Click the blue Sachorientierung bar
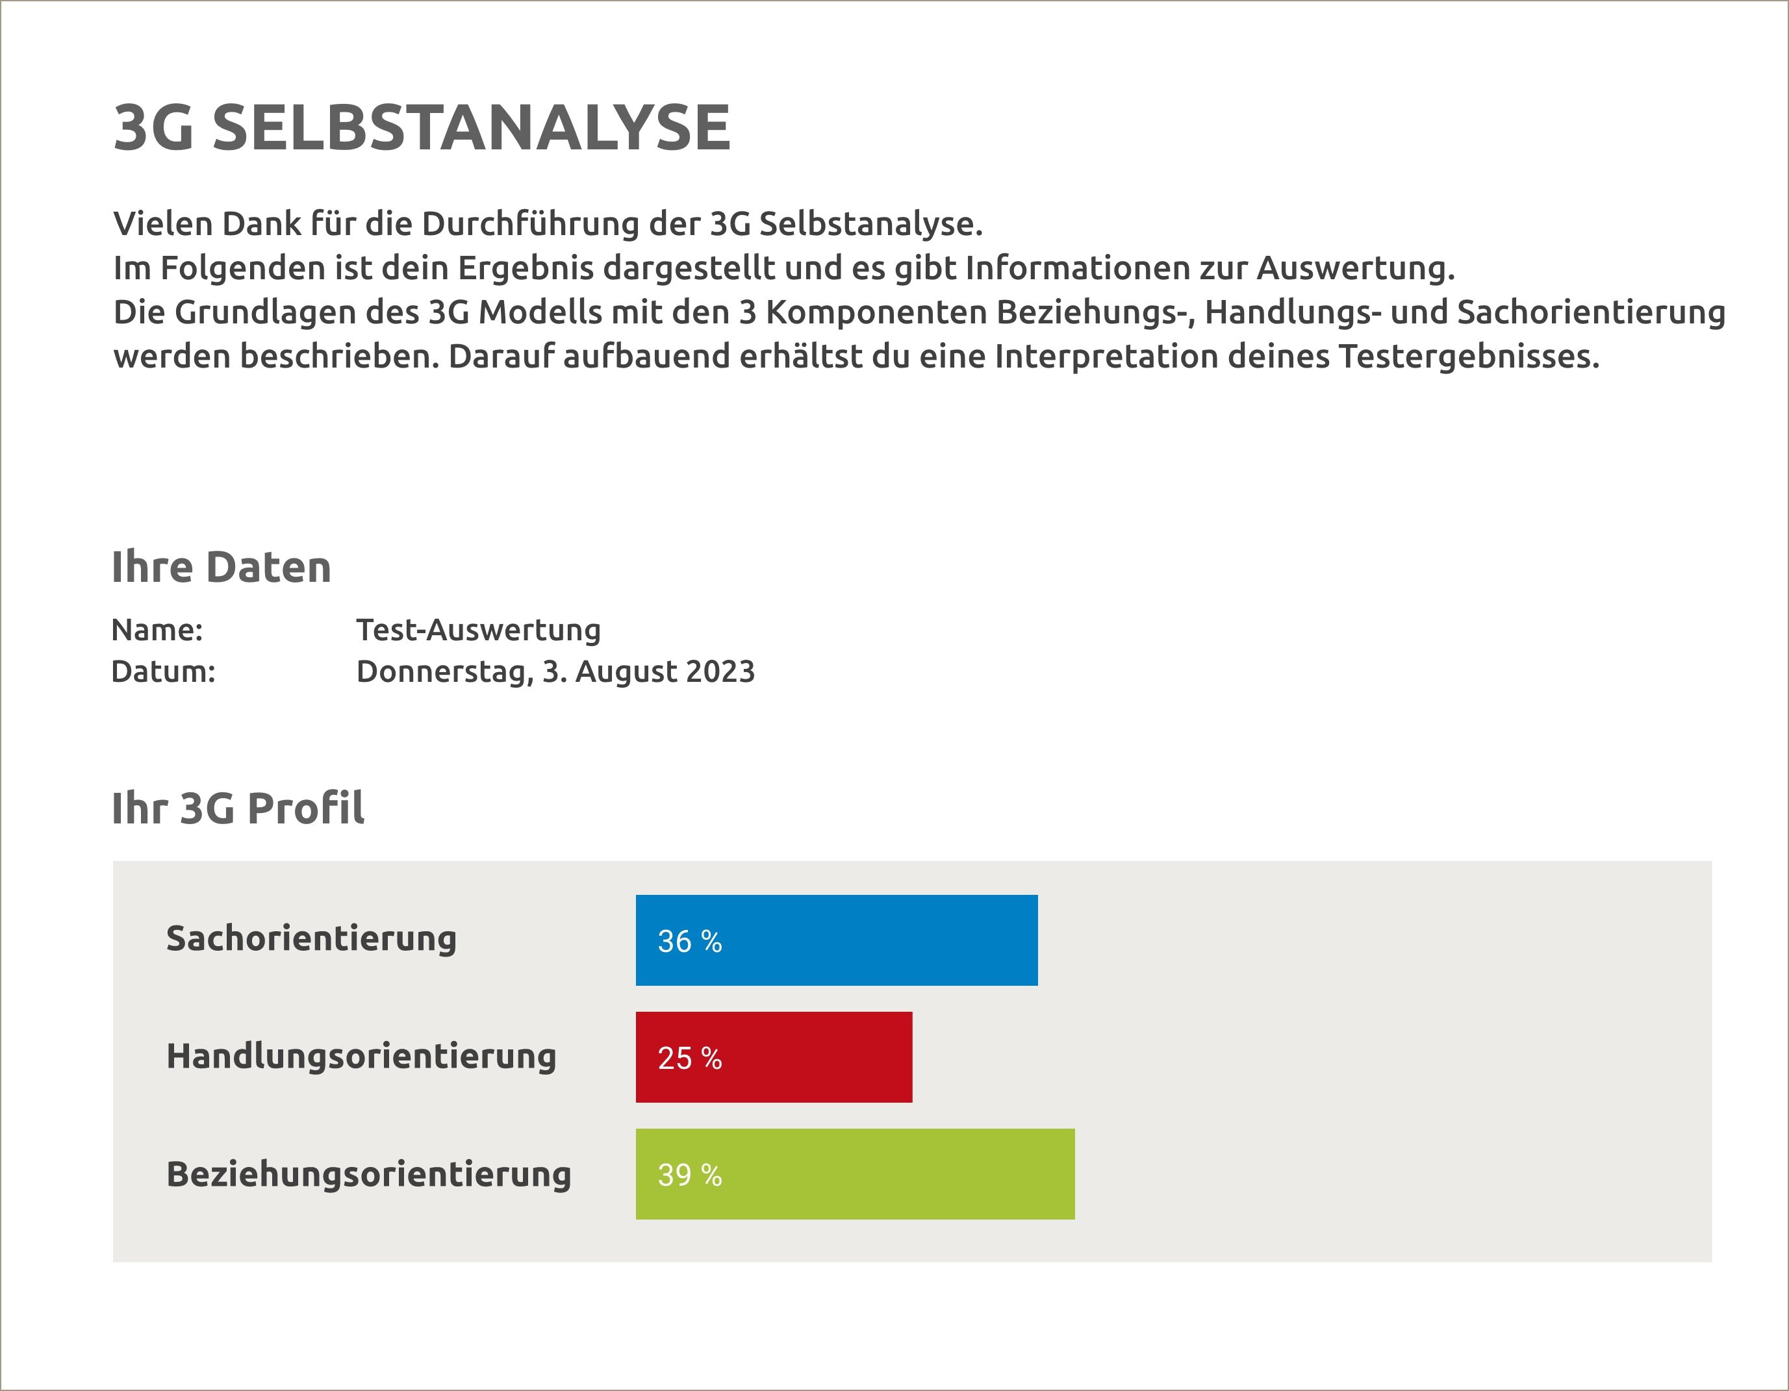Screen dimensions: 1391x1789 [x=836, y=940]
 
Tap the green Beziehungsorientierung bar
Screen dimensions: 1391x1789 [x=854, y=1174]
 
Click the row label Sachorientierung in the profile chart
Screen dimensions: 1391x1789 [x=311, y=938]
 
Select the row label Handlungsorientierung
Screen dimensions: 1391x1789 [x=361, y=1056]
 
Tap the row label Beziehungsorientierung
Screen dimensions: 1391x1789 [x=368, y=1174]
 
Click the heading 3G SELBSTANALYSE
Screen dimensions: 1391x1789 [x=422, y=128]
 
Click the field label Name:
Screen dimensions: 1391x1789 [x=157, y=630]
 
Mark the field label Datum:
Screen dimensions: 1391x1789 [x=163, y=671]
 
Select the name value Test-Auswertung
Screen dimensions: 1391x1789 [x=478, y=630]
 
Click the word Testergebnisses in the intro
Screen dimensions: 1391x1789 [x=1469, y=357]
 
